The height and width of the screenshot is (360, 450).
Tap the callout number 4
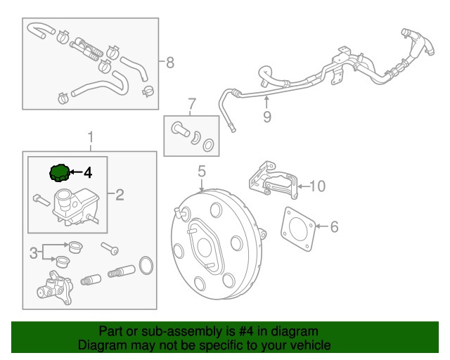[x=87, y=172]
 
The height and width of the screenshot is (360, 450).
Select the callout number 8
[x=169, y=63]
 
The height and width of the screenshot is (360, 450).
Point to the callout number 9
[x=266, y=117]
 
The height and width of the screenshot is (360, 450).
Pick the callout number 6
[x=334, y=226]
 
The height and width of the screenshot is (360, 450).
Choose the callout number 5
[x=201, y=171]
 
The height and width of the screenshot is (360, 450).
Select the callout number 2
[x=120, y=194]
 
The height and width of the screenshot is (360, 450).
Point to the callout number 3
[x=32, y=252]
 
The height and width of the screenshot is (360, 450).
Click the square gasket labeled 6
[x=298, y=228]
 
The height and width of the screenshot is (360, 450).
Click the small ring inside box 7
[x=208, y=146]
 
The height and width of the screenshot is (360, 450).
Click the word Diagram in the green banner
[x=98, y=345]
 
